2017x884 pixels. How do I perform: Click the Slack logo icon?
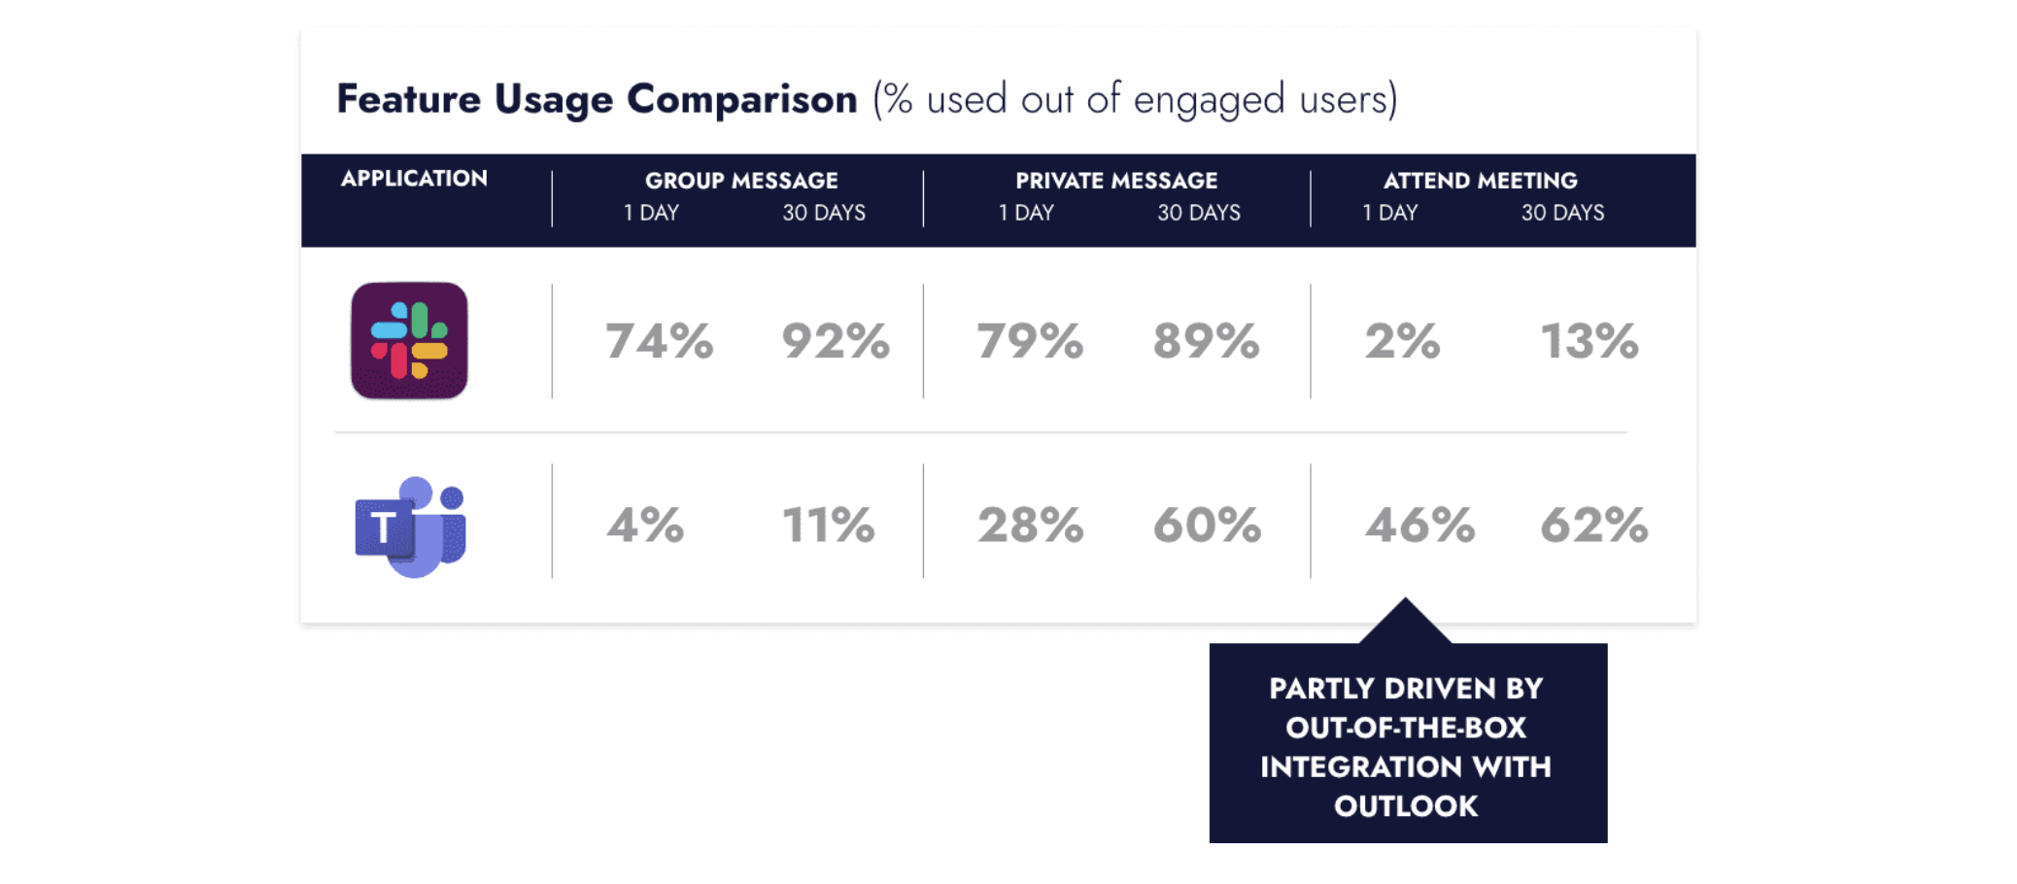[409, 341]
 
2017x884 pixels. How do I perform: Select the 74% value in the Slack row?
[660, 341]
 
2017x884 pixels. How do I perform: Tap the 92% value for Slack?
[836, 341]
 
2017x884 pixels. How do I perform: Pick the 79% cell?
[1030, 341]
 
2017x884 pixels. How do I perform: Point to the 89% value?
[1207, 341]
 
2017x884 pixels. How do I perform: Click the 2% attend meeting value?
[1402, 341]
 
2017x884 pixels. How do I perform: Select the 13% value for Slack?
[1590, 341]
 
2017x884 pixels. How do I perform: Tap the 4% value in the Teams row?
[645, 526]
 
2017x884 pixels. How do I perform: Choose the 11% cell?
[829, 526]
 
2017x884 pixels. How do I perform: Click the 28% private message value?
[1031, 526]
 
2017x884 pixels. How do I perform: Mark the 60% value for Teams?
[1208, 526]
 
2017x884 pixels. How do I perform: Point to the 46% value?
[1420, 526]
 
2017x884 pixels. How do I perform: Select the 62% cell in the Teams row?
[1594, 526]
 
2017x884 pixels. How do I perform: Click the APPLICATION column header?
[414, 179]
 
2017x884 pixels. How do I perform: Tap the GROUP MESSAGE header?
[741, 181]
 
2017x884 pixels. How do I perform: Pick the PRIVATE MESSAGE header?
[1116, 181]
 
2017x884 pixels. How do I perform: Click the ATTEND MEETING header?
[1481, 181]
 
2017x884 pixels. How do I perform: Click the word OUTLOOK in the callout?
[1406, 806]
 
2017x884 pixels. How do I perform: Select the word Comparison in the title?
[742, 99]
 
